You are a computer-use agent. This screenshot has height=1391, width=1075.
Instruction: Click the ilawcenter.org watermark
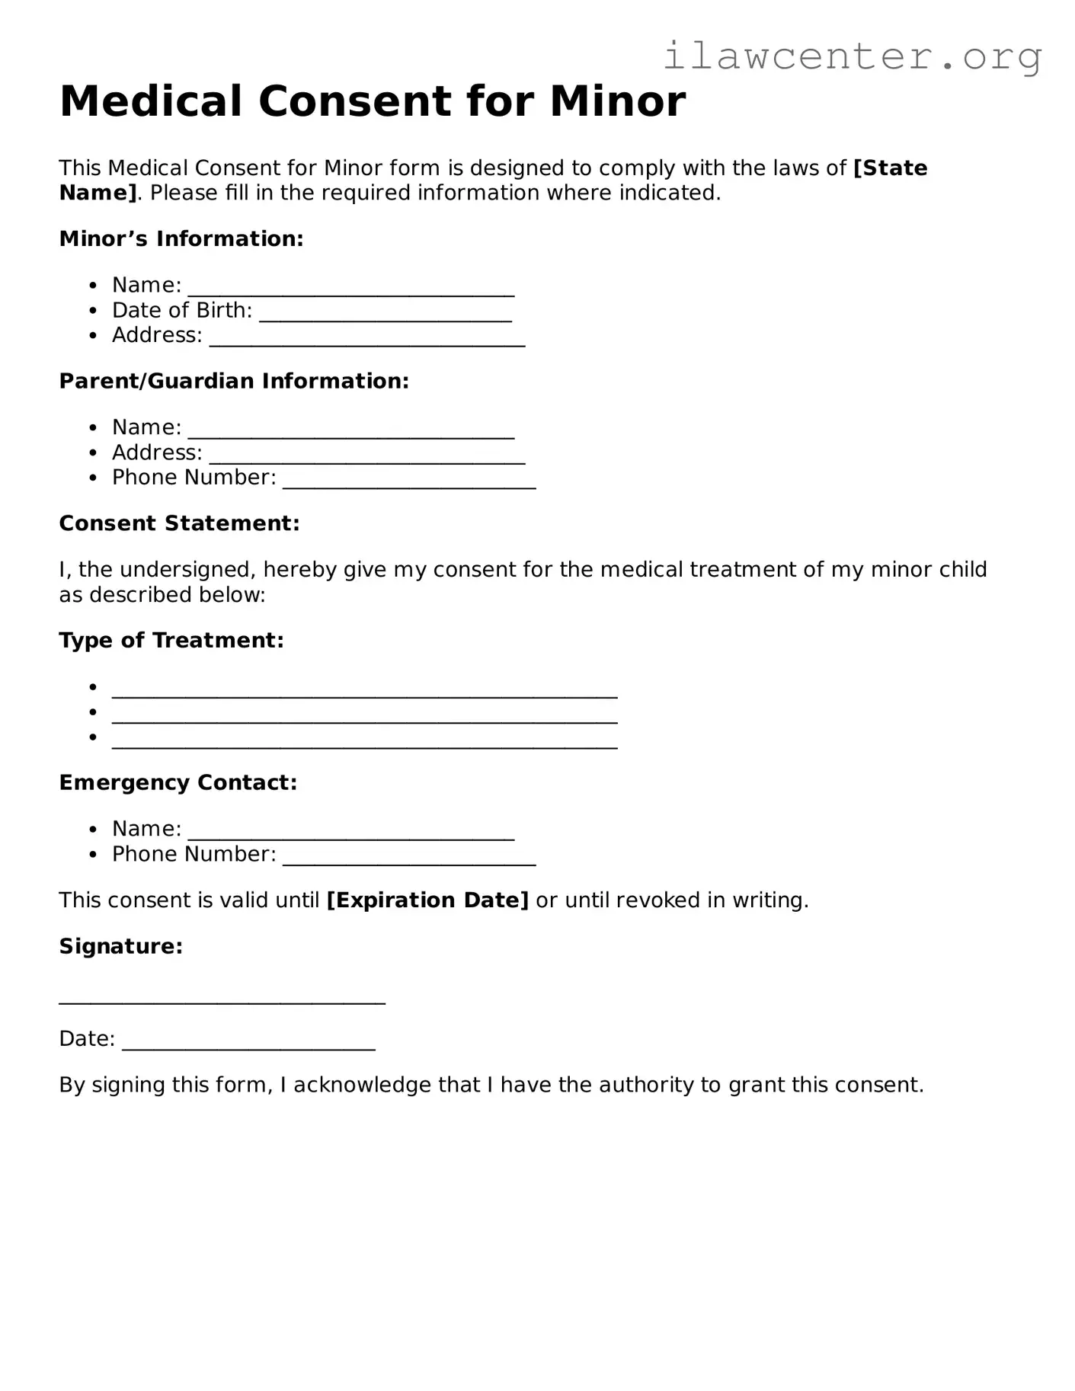click(x=852, y=56)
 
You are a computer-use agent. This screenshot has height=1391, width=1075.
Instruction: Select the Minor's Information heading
click(x=181, y=239)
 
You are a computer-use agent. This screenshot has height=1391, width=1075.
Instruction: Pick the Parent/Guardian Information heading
click(x=234, y=381)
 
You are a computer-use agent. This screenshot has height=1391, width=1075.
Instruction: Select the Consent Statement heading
click(x=179, y=523)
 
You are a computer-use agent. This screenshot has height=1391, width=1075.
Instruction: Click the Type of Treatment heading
click(x=171, y=641)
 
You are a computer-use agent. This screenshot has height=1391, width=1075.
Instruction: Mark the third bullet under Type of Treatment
click(x=93, y=737)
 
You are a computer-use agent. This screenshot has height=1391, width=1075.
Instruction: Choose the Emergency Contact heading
click(x=178, y=783)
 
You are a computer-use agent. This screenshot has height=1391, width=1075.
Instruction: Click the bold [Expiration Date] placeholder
click(x=427, y=900)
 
